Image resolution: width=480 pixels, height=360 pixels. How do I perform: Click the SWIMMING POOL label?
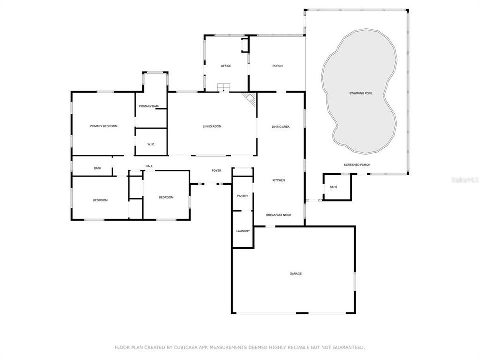[x=361, y=93]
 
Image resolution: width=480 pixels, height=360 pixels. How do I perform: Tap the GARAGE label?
[x=295, y=274]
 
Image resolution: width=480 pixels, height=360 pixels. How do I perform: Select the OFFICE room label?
[x=226, y=66]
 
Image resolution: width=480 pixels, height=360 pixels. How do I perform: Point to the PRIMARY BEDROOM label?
[x=104, y=126]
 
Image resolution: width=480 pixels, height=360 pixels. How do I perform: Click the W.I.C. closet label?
[x=151, y=144]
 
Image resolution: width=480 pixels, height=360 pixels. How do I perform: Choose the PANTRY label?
[x=243, y=196]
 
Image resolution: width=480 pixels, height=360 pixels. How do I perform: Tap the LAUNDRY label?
[x=243, y=231]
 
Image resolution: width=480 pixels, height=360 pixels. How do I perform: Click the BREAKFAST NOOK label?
[x=279, y=215]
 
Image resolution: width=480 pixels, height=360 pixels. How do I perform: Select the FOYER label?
[x=216, y=171]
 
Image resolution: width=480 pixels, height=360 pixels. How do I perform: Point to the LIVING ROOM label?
[x=212, y=126]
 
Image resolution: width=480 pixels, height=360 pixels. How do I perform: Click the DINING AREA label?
[x=280, y=127]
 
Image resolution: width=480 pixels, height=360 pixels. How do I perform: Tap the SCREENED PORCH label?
[x=357, y=165]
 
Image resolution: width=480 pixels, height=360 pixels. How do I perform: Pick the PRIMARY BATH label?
[x=149, y=106]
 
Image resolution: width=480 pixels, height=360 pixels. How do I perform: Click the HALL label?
[x=149, y=166]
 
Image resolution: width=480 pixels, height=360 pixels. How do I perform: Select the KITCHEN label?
[x=279, y=180]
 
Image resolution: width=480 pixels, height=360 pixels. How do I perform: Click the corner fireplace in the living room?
[x=250, y=99]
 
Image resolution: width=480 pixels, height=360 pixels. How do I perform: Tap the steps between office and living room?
[x=224, y=87]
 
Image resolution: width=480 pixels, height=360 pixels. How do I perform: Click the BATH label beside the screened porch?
[x=333, y=187]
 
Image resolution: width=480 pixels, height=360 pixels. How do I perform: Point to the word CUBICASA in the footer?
[x=184, y=348]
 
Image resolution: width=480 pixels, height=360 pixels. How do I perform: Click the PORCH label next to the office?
[x=277, y=66]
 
